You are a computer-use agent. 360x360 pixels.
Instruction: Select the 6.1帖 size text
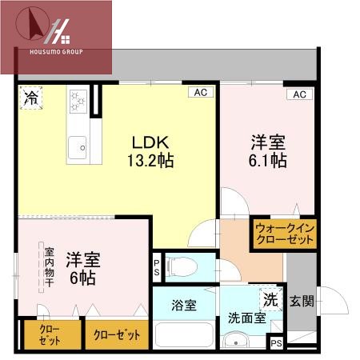coord(268,160)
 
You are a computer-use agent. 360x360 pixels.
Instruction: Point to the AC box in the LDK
coord(200,93)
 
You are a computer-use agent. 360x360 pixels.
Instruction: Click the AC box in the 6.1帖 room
coord(299,94)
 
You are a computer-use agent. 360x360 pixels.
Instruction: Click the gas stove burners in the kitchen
coord(79,101)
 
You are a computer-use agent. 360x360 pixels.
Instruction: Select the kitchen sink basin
coord(78,146)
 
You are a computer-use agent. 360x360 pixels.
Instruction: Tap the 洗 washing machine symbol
coord(271,299)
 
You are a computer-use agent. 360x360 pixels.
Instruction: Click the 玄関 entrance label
coord(302,302)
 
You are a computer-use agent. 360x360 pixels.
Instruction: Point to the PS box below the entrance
coord(277,343)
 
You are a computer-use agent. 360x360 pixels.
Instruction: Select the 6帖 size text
coord(82,279)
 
